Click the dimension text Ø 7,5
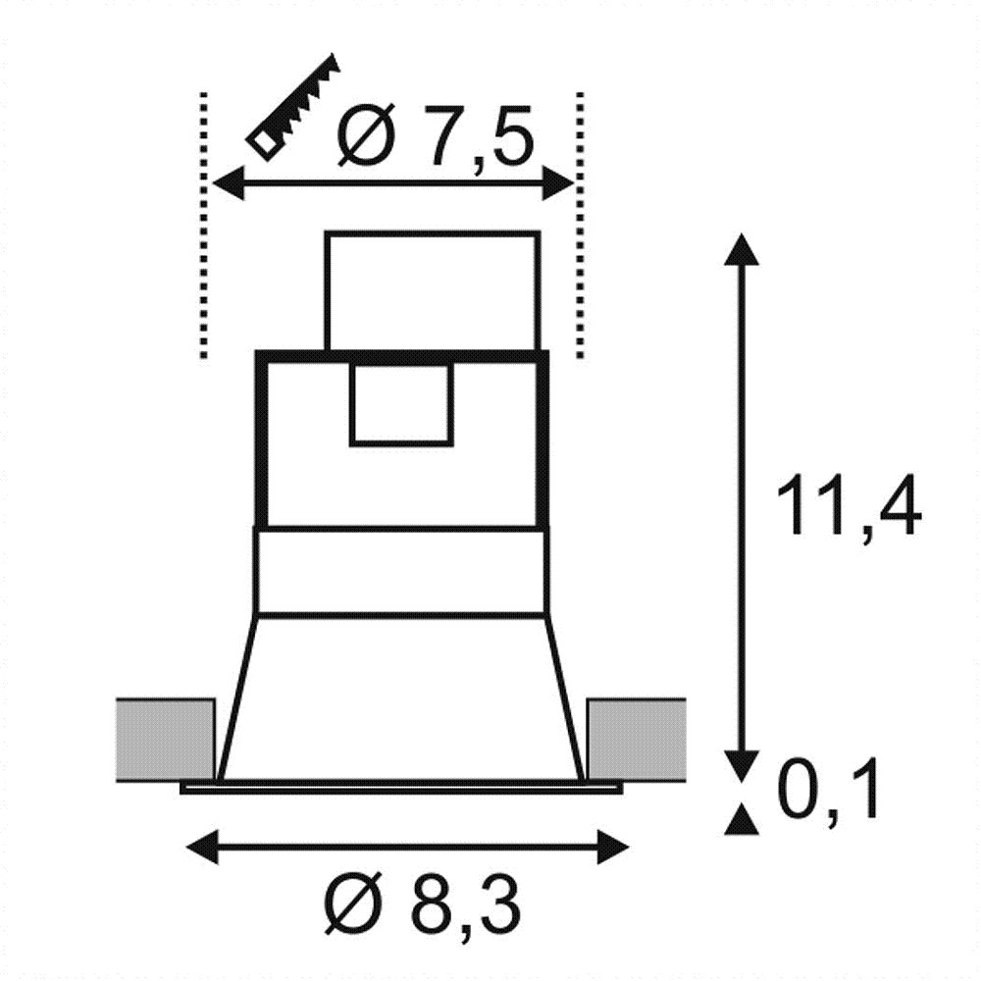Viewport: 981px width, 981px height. tap(436, 134)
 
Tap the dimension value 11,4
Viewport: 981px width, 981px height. tap(849, 505)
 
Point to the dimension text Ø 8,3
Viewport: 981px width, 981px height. tap(422, 905)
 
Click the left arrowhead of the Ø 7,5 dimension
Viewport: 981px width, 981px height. tap(229, 183)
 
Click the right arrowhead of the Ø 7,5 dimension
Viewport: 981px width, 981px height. tap(558, 183)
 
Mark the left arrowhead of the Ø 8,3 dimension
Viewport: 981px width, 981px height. tap(203, 848)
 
